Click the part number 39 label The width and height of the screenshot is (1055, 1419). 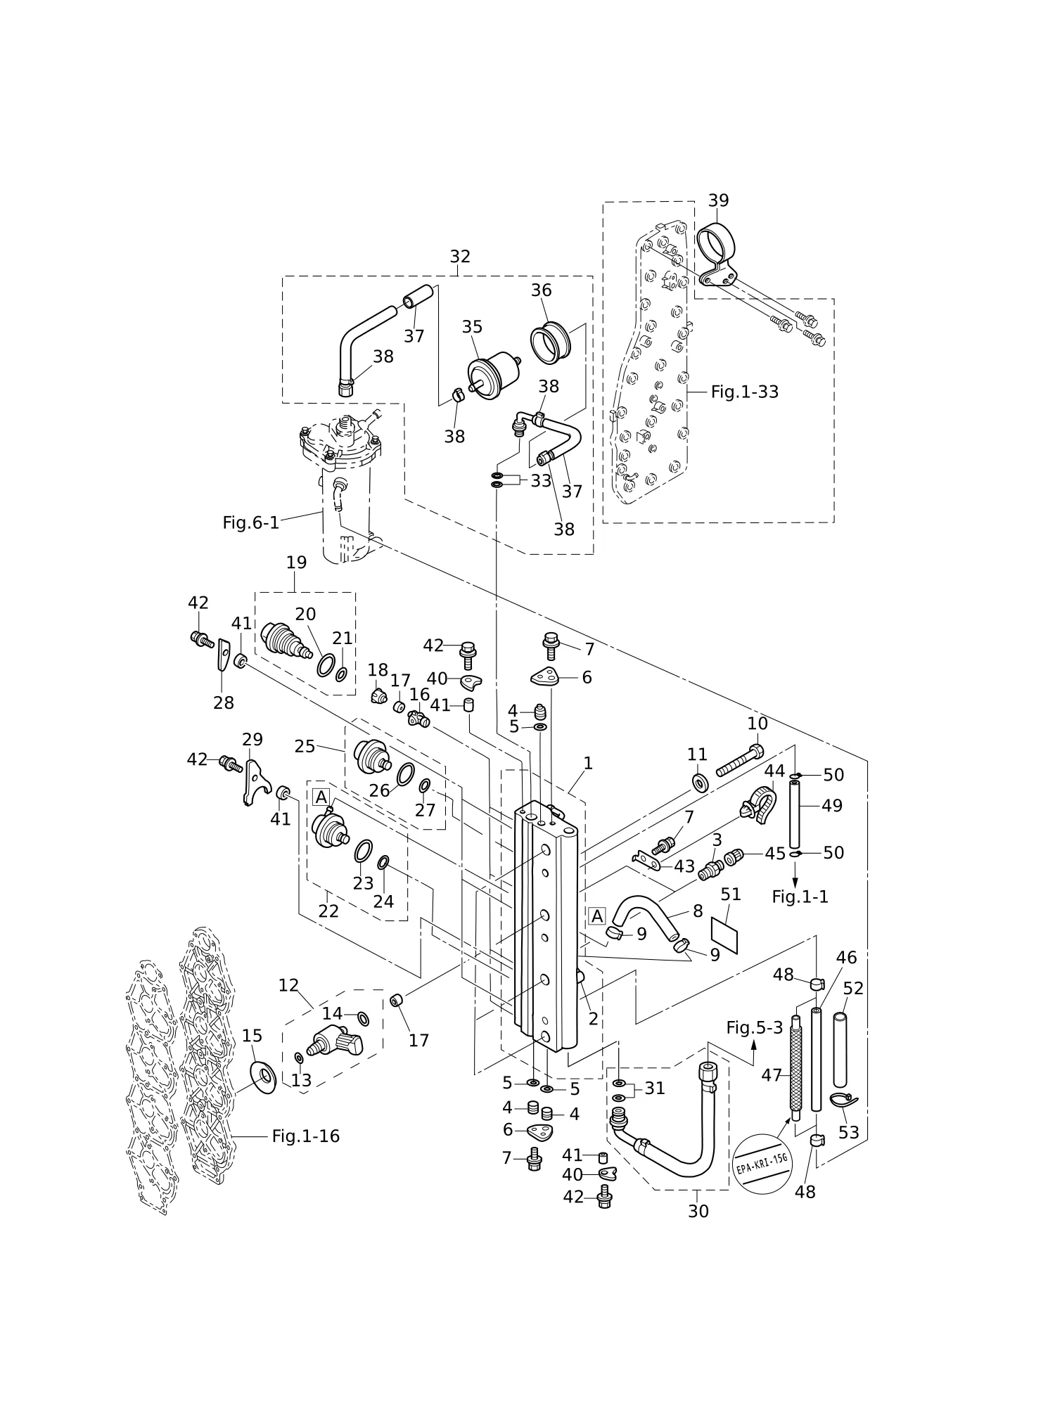click(718, 200)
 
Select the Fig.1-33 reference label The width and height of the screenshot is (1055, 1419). click(745, 392)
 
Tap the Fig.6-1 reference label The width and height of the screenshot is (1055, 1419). click(251, 522)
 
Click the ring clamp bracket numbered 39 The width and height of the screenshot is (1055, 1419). click(717, 253)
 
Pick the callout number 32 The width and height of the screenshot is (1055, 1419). click(460, 256)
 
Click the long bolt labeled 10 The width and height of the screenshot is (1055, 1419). click(738, 760)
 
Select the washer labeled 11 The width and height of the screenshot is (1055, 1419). click(700, 783)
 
